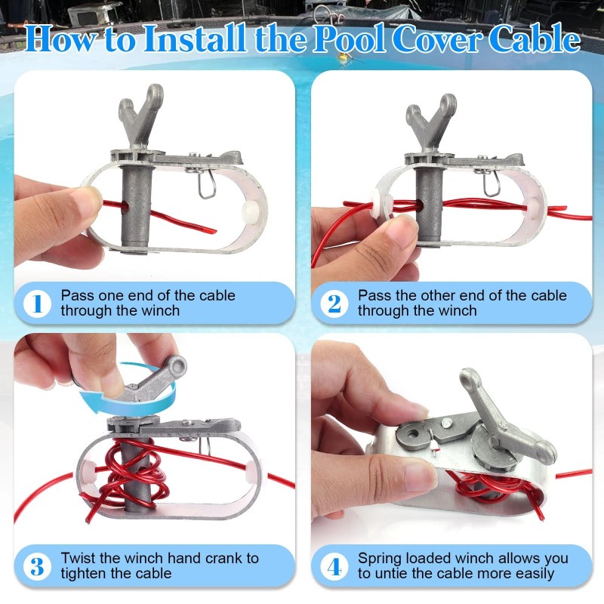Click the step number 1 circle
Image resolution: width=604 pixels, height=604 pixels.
pos(37,304)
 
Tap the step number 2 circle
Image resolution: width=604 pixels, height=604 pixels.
pos(334,304)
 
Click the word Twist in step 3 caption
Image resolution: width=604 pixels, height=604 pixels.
pos(79,559)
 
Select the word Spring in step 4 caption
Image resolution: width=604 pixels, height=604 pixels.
pos(381,559)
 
